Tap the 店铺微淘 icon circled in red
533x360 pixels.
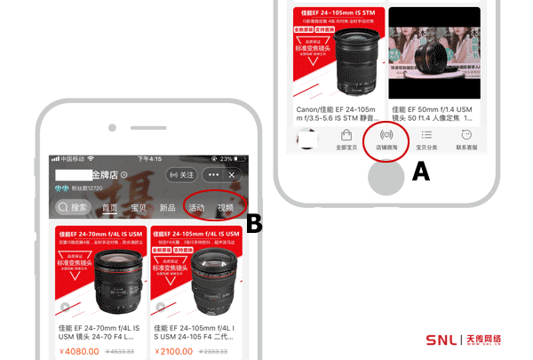tap(386, 138)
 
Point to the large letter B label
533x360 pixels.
tap(254, 224)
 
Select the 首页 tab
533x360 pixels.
tap(110, 208)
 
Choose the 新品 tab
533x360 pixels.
tap(167, 208)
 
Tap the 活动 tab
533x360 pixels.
tap(196, 208)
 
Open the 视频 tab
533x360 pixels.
tap(226, 208)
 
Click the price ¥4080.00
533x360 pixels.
tap(81, 352)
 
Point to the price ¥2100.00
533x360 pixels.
tap(175, 352)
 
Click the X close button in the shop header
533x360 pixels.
tap(232, 175)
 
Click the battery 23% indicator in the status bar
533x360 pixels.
tap(227, 159)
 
